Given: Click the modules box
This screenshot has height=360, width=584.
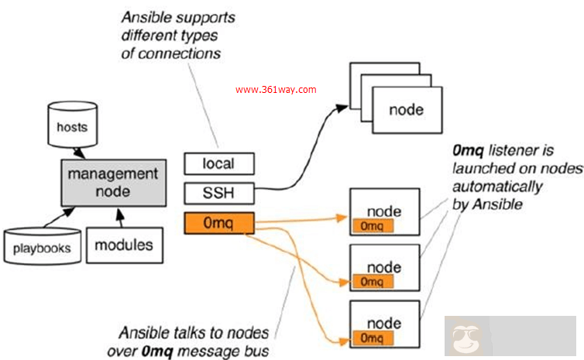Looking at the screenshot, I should coord(124,245).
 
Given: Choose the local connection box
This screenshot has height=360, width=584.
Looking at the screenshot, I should coord(218,164).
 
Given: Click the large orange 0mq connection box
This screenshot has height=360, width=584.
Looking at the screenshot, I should coord(218,224).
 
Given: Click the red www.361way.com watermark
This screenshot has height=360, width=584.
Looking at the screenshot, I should coord(276,90).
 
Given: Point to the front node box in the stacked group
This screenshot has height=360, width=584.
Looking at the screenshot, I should coord(406,110).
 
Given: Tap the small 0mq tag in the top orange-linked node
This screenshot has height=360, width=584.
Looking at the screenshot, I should coord(373,225).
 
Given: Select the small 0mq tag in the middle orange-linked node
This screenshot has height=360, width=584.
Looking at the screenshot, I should coord(373,281).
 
